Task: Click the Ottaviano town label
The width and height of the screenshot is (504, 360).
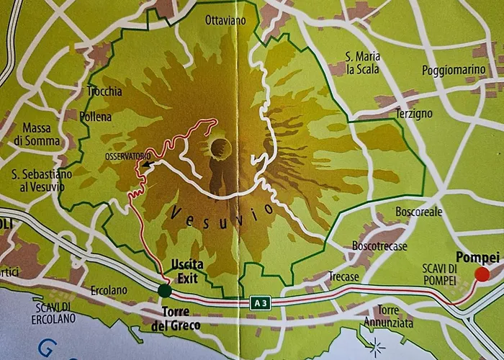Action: point(225,20)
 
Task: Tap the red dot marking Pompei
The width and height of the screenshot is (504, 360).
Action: point(482,274)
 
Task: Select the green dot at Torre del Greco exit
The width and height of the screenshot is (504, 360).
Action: point(165,290)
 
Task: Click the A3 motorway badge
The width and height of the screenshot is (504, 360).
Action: point(260,303)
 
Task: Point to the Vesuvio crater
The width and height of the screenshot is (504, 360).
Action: point(220,148)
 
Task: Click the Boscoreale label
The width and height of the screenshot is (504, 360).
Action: point(419,212)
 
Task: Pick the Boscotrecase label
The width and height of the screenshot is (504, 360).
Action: point(380,246)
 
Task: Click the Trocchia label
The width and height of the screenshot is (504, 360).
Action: point(104,91)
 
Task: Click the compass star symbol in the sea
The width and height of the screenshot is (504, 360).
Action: point(375,348)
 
